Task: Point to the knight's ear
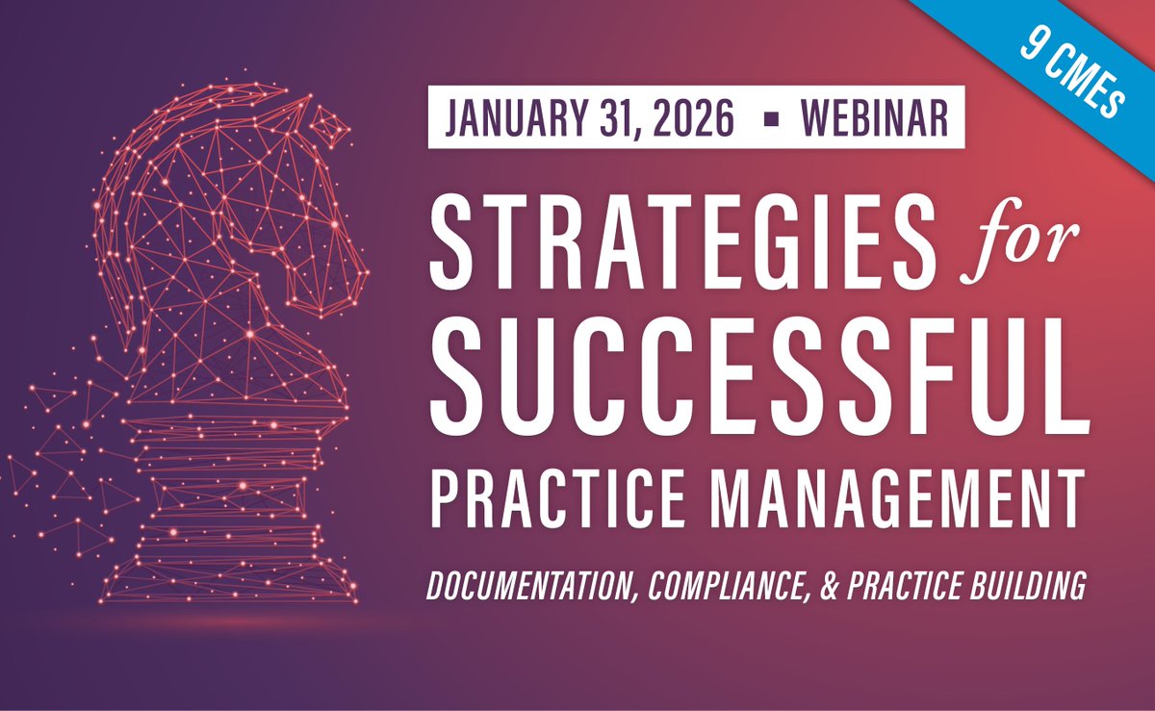(332, 126)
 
